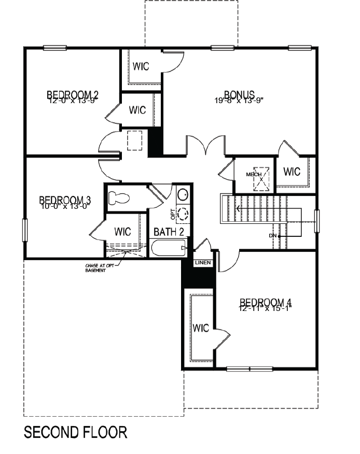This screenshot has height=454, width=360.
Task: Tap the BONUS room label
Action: click(x=239, y=94)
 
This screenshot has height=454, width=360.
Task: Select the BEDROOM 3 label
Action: click(x=65, y=200)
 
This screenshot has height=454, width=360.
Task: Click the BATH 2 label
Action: click(x=169, y=231)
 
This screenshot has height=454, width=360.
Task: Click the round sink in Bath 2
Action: click(x=183, y=195)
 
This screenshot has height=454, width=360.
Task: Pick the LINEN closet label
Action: click(x=203, y=263)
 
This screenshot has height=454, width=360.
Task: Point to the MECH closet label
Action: click(x=254, y=174)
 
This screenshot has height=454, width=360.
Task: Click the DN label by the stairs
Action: click(x=273, y=236)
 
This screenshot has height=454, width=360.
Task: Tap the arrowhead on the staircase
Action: click(x=238, y=209)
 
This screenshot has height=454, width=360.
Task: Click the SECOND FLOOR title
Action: click(x=76, y=432)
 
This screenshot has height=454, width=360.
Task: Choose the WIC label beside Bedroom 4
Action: click(x=201, y=328)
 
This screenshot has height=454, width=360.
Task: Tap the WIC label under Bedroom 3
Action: click(x=122, y=231)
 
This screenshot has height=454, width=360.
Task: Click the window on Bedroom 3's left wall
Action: click(x=24, y=230)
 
